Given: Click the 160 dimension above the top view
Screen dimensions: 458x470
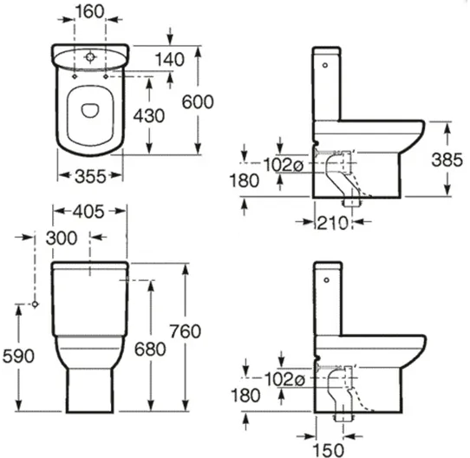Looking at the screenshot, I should (x=91, y=14).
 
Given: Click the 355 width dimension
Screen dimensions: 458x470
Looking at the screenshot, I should (x=91, y=176).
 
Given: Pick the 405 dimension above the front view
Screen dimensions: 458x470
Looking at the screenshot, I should (x=91, y=211).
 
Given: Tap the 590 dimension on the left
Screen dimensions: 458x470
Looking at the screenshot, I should (x=16, y=356).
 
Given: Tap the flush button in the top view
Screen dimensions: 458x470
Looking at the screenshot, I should (x=91, y=59).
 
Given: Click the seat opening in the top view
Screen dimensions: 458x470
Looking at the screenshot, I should (x=91, y=110).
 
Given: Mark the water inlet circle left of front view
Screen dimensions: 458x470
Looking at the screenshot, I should (x=35, y=304).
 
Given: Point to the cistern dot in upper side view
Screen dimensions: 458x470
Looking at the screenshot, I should (x=326, y=63).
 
